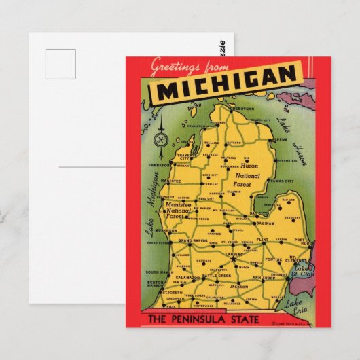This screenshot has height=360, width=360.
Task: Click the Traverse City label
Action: click(185, 158)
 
